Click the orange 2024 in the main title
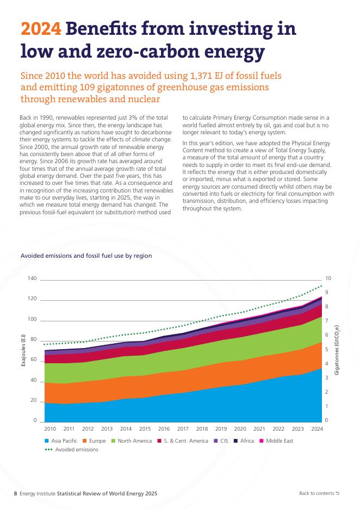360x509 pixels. pos(40,29)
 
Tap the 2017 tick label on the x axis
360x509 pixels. pos(183,429)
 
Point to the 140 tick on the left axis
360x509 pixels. pos(32,279)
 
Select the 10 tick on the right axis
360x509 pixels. pos(328,279)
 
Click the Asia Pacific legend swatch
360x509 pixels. pos(47,441)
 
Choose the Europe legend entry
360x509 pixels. pos(94,441)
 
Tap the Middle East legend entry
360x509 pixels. pos(278,441)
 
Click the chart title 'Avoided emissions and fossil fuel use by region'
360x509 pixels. pos(86,256)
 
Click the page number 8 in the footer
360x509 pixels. pos(15,493)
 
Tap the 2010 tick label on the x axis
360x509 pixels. pos(50,429)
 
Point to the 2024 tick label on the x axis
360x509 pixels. pos(317,429)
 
